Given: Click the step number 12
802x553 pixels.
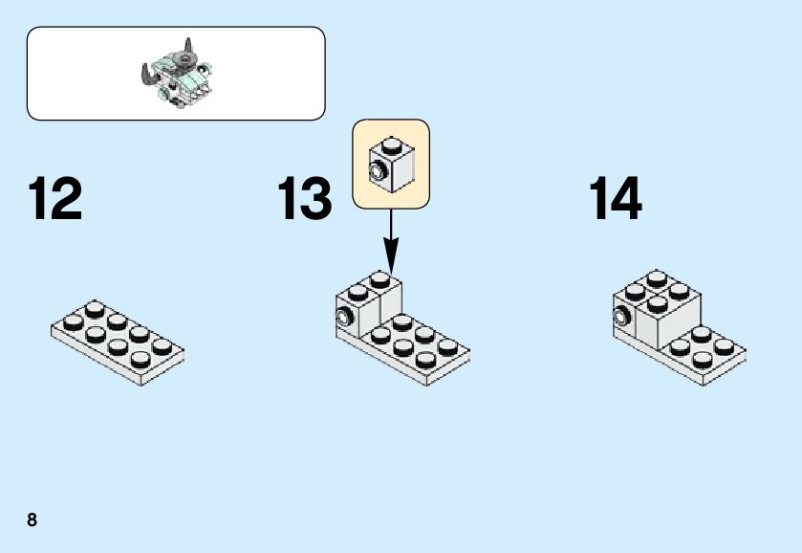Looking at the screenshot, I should pos(55,199).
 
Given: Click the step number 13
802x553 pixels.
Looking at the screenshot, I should pos(305,199).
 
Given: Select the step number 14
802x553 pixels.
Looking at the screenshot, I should pos(615,199).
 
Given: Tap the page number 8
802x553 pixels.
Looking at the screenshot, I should pos(33,520).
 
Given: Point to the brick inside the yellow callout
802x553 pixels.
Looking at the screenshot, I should pos(392,164).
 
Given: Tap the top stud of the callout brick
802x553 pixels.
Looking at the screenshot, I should pos(392,145).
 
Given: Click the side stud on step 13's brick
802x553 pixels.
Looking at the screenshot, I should pos(344,317).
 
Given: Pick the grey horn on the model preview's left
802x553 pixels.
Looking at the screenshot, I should pos(147,74).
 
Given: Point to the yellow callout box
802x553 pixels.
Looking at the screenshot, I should pos(391,163).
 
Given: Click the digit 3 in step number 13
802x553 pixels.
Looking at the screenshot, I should pos(319,199).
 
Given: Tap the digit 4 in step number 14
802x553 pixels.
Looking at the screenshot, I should pos(628,199).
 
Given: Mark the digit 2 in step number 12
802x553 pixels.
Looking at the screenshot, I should pos(69,199).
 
